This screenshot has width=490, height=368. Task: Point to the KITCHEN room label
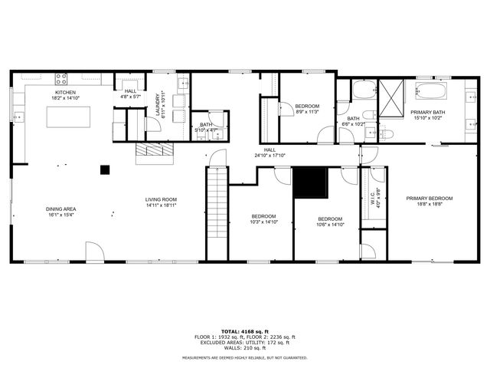(x=64, y=93)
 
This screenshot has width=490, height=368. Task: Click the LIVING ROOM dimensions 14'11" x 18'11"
(x=162, y=205)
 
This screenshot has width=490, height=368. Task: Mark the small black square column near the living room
(x=105, y=169)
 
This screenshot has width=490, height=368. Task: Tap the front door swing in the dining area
(x=93, y=251)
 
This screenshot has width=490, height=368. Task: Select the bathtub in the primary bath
(x=433, y=93)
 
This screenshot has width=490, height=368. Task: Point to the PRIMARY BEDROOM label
(x=429, y=199)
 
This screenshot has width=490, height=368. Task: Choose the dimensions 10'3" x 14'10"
(x=265, y=222)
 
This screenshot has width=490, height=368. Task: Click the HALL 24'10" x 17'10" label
(x=269, y=153)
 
